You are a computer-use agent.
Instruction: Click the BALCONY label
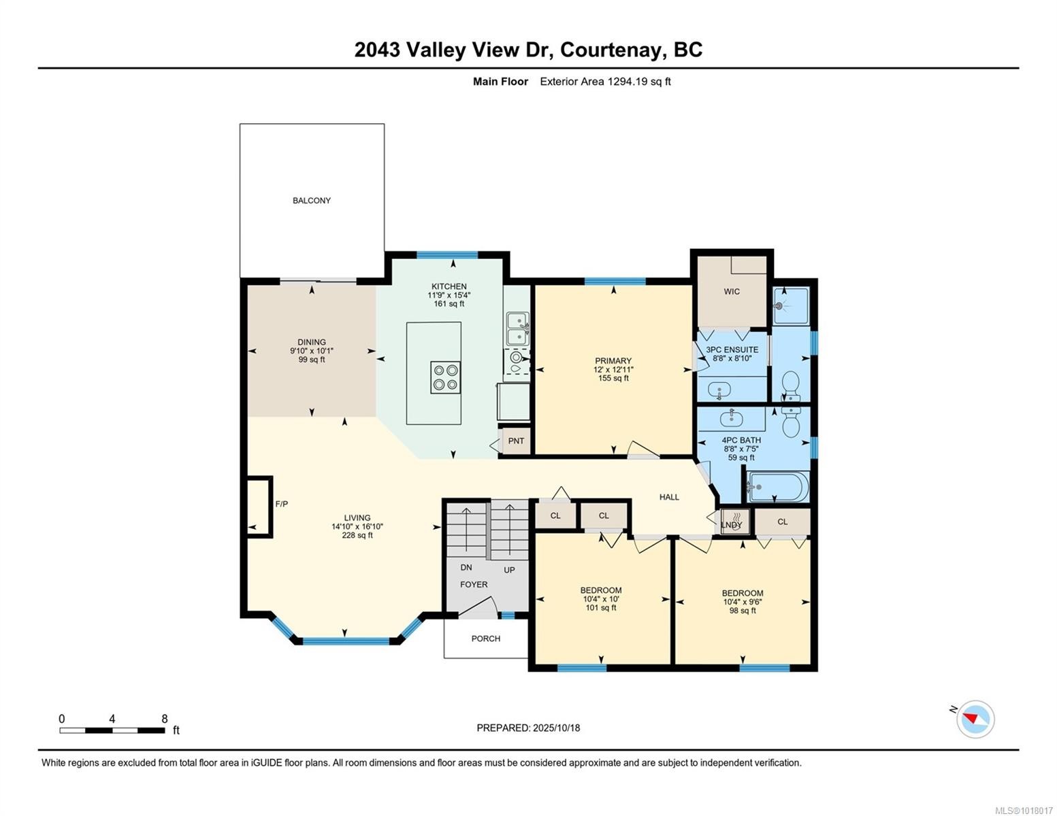312,201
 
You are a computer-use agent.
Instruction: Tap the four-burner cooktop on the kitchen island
445,377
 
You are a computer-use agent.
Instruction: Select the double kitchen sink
518,328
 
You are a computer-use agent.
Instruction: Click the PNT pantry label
516,441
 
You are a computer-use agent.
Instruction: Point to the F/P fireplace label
282,504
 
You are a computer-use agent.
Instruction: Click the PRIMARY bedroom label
613,361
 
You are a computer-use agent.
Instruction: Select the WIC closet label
732,292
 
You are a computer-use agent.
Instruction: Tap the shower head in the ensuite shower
780,307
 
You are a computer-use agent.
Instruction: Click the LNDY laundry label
732,525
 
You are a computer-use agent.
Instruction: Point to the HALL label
669,497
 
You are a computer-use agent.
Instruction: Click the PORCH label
486,639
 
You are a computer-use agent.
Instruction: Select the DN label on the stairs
466,567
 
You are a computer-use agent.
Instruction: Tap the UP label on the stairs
509,570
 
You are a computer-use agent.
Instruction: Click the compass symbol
975,719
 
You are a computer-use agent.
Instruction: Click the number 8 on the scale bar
165,719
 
